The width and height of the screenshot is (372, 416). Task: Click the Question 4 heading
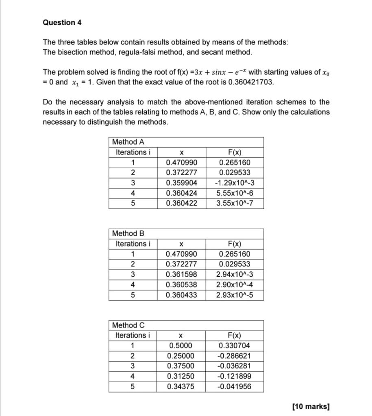point(62,23)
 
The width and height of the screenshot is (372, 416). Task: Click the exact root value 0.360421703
point(246,82)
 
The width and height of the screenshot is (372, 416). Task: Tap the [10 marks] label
point(311,407)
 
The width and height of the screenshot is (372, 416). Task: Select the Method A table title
point(128,142)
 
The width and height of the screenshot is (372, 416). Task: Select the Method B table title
point(128,234)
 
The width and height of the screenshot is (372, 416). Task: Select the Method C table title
point(128,325)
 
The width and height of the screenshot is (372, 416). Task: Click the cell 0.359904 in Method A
point(181,183)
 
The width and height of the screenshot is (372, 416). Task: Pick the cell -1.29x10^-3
point(235,183)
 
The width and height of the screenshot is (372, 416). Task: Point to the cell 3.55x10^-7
point(235,204)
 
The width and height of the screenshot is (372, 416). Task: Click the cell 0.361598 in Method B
point(181,275)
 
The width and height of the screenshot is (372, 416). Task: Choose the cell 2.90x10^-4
point(235,285)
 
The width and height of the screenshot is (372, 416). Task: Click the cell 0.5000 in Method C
point(181,346)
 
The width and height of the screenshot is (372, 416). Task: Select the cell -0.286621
point(235,356)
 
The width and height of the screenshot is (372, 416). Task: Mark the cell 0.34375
point(181,387)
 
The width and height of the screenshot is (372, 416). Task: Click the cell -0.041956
point(235,387)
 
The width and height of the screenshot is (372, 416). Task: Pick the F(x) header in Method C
point(235,336)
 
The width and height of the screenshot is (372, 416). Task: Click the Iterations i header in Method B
point(133,244)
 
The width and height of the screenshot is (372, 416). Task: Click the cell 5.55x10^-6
point(235,193)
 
